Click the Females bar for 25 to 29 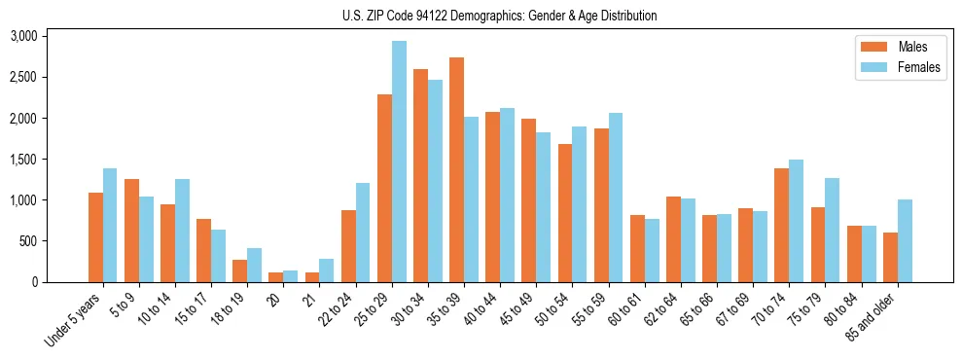[399, 162]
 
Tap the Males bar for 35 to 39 [456, 170]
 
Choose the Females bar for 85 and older [905, 241]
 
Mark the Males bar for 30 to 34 [420, 176]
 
